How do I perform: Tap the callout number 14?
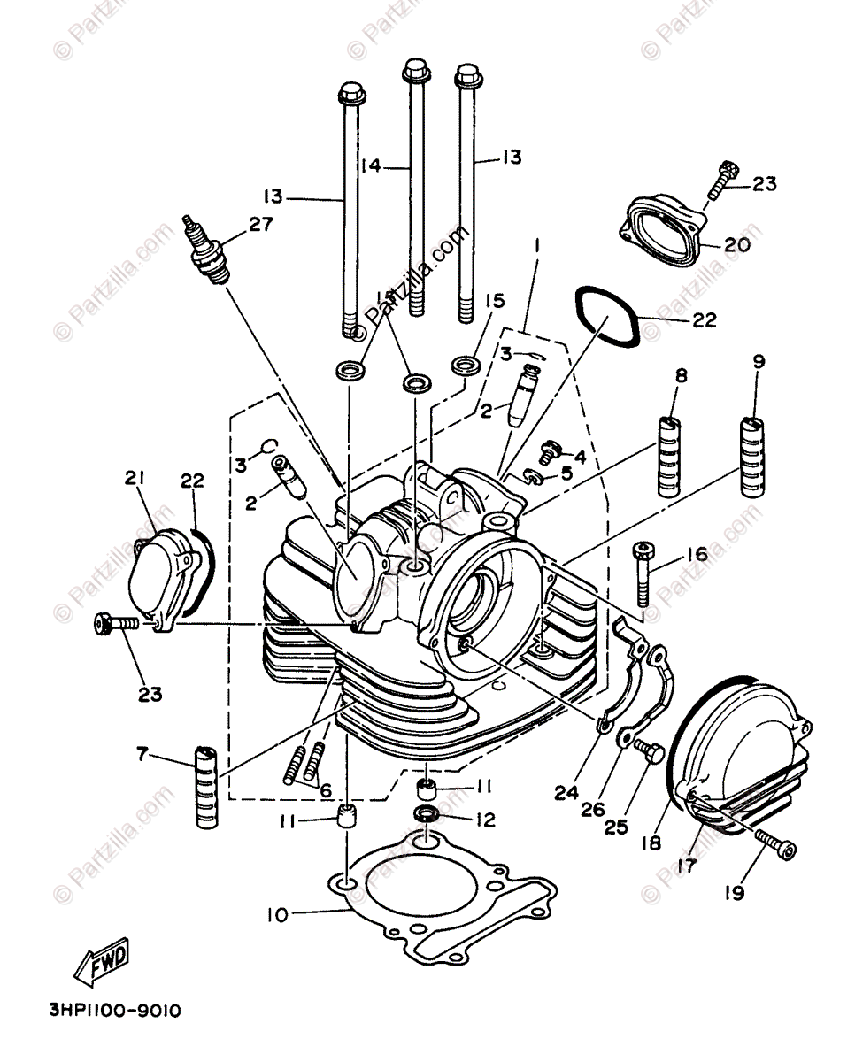coord(371,165)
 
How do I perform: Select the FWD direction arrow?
coord(102,959)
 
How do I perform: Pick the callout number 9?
coord(759,361)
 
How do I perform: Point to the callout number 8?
coord(681,375)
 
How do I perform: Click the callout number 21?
coord(134,479)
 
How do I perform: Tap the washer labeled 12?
coord(427,814)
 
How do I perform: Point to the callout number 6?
coord(325,789)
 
